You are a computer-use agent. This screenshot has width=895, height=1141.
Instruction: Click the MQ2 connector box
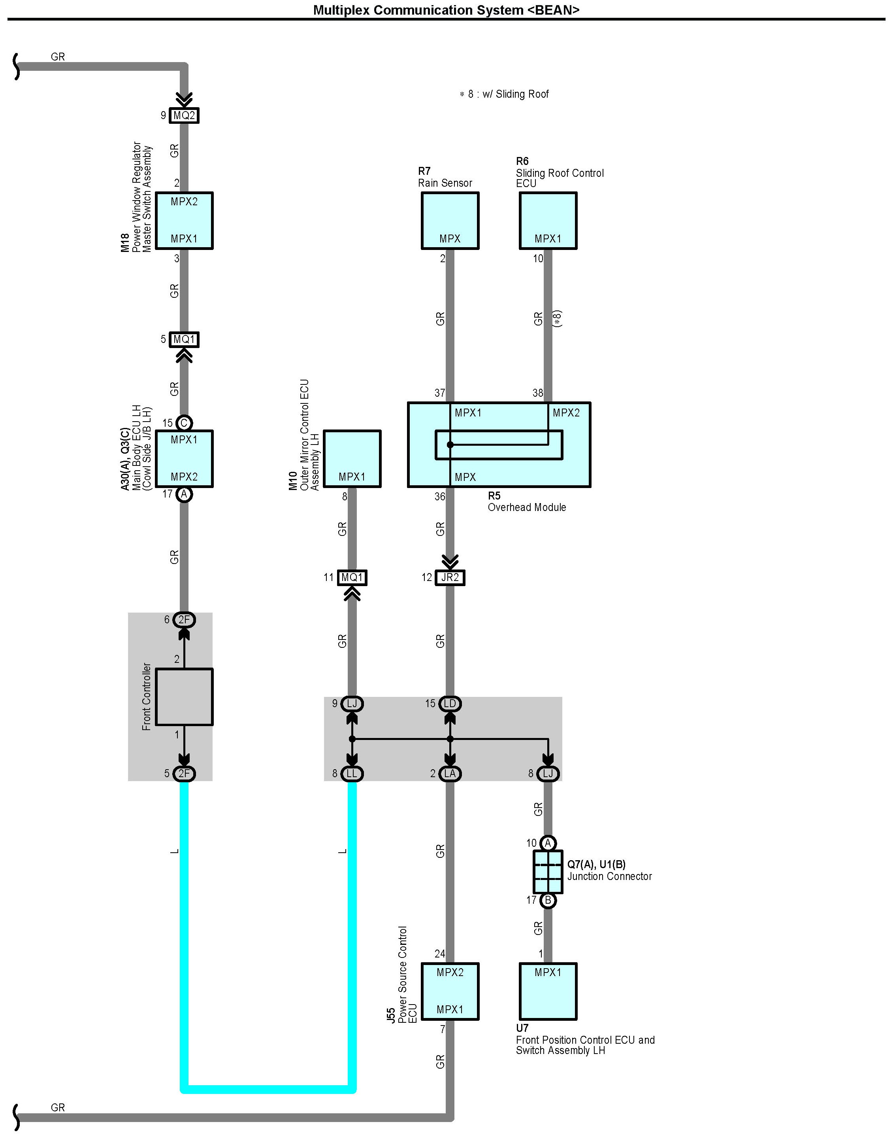pos(184,115)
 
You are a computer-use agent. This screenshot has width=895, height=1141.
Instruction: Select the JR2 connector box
pos(450,577)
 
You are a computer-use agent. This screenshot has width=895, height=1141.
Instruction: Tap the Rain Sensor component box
pos(450,220)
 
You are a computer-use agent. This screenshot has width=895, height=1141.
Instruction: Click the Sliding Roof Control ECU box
pos(548,220)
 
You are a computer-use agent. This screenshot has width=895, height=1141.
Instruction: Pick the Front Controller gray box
pos(184,697)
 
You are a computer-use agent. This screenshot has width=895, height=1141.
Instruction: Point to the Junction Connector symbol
pos(548,872)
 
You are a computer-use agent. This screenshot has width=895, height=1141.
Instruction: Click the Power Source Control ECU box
pos(450,991)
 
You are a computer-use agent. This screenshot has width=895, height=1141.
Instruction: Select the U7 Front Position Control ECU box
pos(548,991)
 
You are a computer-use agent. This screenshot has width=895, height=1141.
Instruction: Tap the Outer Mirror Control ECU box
pos(352,459)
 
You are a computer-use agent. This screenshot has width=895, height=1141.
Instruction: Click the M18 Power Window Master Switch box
pos(184,220)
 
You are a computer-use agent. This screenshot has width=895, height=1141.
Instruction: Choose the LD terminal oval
pos(450,704)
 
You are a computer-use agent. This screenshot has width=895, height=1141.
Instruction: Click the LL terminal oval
pos(352,774)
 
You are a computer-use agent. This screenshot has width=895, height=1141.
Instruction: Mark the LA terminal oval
pos(450,774)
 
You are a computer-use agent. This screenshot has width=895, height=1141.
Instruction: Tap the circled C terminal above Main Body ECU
pos(184,423)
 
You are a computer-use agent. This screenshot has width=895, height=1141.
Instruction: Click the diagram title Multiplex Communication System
pos(446,10)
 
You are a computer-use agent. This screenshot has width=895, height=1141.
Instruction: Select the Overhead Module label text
pos(527,507)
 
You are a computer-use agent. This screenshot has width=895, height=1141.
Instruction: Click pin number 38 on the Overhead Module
pos(538,393)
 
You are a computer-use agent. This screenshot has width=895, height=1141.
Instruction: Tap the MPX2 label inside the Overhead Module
pos(566,413)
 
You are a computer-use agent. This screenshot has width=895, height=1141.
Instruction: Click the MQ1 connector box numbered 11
pos(352,577)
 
